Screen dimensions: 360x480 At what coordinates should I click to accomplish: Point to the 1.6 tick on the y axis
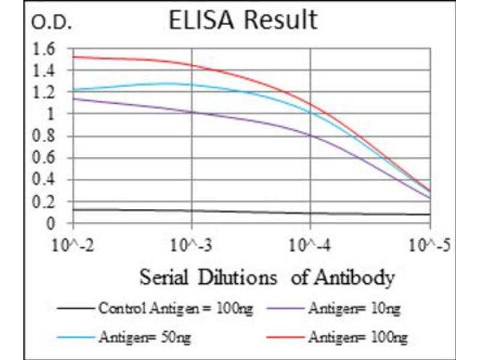click(x=45, y=48)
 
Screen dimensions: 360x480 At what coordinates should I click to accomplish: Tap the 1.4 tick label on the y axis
click(x=45, y=70)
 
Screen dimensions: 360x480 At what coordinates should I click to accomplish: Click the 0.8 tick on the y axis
click(x=45, y=136)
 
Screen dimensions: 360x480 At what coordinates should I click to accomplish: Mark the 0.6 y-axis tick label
click(x=45, y=158)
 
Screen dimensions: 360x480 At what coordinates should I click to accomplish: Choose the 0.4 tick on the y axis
click(x=45, y=180)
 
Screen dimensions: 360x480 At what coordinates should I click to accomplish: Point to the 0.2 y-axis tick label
click(x=45, y=202)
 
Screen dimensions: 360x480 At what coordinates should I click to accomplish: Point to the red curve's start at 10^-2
click(x=73, y=57)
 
